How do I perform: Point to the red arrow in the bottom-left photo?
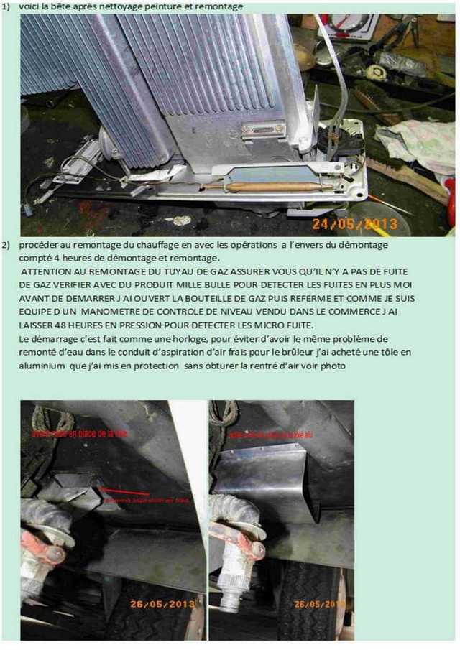[x=125, y=493]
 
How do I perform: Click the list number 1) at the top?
[x=6, y=6]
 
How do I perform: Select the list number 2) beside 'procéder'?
[x=6, y=246]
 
